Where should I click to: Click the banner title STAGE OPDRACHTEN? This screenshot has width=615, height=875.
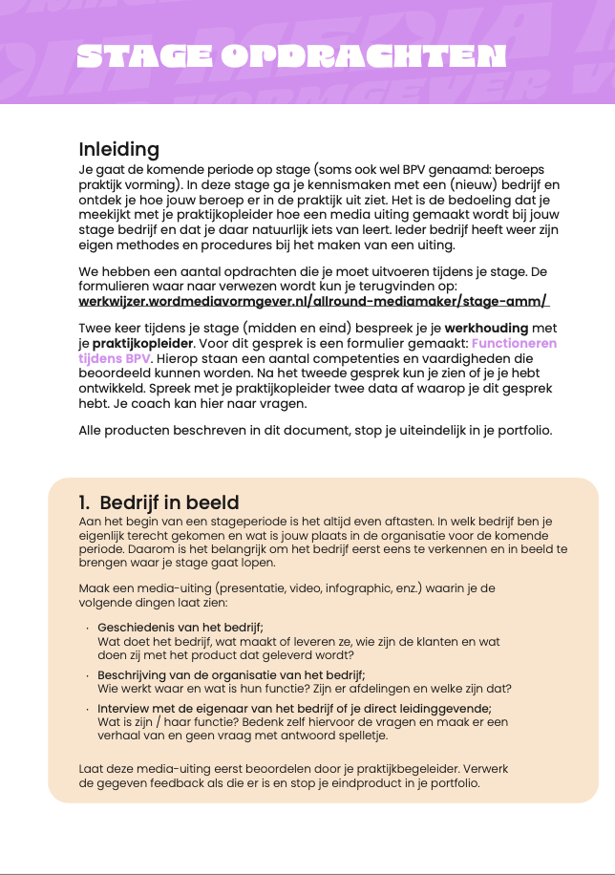click(x=291, y=57)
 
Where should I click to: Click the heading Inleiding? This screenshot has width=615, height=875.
click(x=118, y=150)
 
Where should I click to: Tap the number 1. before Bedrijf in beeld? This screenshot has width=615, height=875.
click(x=85, y=503)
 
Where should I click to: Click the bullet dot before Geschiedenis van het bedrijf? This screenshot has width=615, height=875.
click(x=88, y=629)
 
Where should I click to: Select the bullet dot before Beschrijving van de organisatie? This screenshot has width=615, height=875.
click(x=88, y=675)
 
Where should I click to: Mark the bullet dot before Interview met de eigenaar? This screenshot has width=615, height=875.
click(x=88, y=709)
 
